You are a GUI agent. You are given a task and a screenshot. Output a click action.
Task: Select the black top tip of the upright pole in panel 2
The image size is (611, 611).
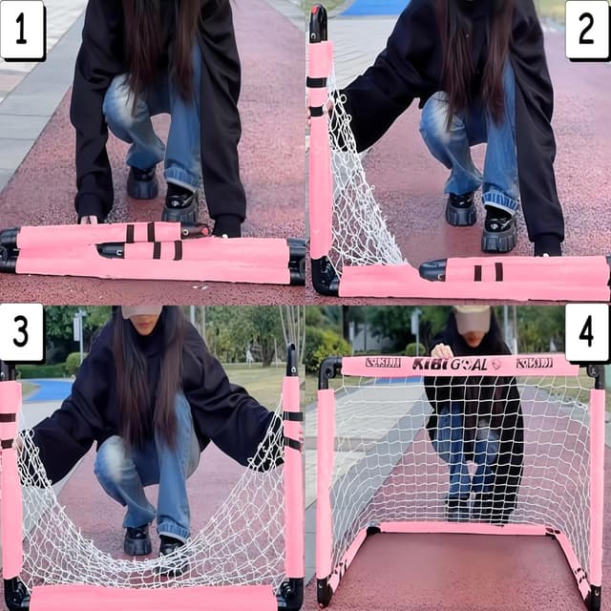pyautogui.click(x=318, y=22)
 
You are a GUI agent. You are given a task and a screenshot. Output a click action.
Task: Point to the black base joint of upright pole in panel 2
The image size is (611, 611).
pyautogui.click(x=324, y=276)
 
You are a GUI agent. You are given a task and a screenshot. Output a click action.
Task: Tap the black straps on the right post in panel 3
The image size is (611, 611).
pyautogui.click(x=291, y=429)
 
